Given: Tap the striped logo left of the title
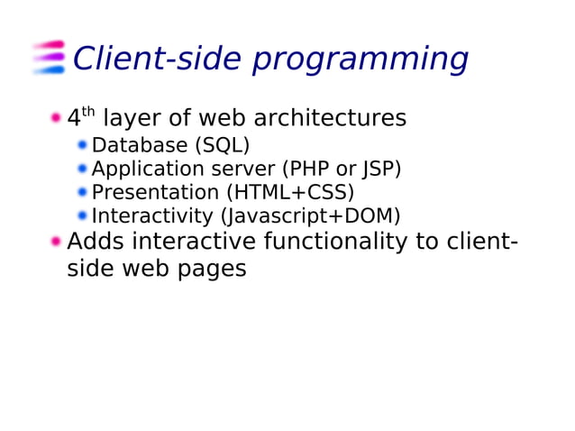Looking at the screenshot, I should pos(49,57).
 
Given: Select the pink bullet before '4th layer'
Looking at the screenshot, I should pos(56,117).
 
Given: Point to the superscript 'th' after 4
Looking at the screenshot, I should pos(88,112).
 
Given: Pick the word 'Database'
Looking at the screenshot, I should pos(140,145).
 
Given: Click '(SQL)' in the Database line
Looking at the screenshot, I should pos(223,145).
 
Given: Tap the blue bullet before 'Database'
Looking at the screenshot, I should pos(82,145).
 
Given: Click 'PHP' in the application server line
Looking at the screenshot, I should pos(311,169).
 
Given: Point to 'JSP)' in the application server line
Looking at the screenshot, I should pos(380,169).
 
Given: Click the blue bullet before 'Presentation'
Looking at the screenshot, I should pos(82,192).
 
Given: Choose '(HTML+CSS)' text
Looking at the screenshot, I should pos(290,192).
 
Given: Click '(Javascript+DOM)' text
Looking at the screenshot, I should pos(311,216).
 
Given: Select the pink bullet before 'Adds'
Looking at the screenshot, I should pos(56,242).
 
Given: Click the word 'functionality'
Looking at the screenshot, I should pos(347,242).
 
